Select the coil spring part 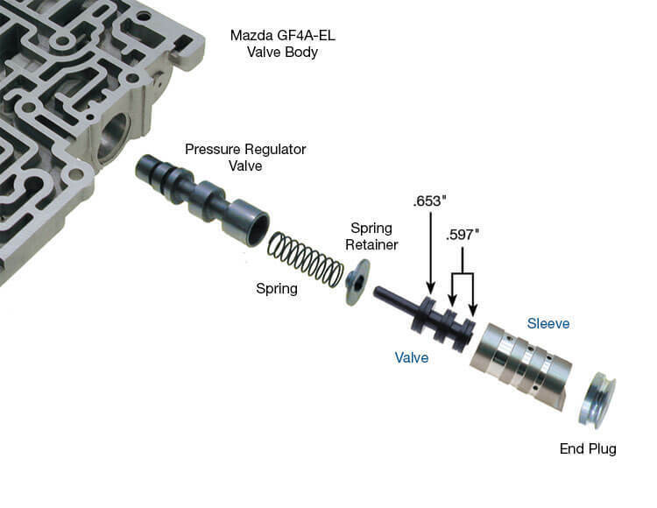tap(306, 258)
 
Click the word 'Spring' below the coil tap(276, 288)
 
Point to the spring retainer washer tap(357, 287)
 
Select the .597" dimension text tap(463, 235)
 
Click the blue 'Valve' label tap(412, 357)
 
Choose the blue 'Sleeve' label tap(548, 323)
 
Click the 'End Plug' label tap(588, 449)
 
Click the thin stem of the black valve tap(395, 299)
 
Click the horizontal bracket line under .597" tap(462, 274)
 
